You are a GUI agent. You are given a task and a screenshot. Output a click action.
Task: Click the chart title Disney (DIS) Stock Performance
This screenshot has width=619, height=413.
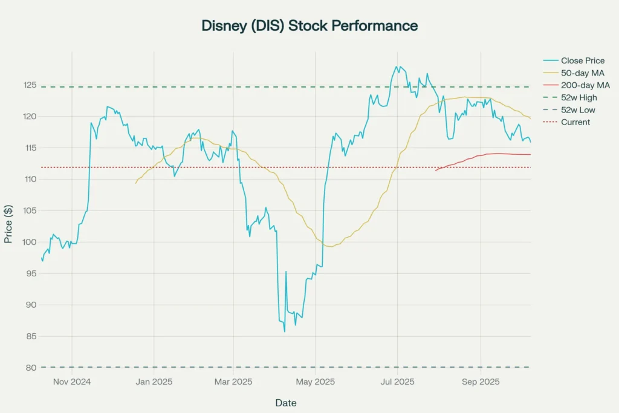click(309, 26)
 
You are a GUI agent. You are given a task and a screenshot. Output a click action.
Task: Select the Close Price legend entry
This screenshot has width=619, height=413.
click(582, 60)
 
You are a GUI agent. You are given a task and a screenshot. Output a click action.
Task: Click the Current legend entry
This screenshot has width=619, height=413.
click(575, 122)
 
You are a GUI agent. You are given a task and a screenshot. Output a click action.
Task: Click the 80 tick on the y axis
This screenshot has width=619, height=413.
click(30, 368)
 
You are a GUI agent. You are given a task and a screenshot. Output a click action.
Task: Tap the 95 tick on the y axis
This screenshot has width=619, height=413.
click(30, 273)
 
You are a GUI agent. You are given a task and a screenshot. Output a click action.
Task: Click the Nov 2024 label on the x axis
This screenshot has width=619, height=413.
click(71, 382)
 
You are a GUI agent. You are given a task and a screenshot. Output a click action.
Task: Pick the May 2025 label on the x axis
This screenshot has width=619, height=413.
click(315, 382)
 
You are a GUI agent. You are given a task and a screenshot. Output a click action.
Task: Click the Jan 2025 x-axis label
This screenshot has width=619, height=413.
click(154, 382)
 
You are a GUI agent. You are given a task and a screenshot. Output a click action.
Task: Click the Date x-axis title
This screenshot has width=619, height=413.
click(286, 403)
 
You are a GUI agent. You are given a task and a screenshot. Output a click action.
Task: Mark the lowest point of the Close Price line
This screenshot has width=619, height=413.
click(284, 331)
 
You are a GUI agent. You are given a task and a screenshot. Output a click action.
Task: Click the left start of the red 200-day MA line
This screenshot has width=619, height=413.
click(435, 171)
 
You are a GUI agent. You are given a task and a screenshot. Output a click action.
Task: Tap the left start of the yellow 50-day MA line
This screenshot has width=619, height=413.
click(135, 183)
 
